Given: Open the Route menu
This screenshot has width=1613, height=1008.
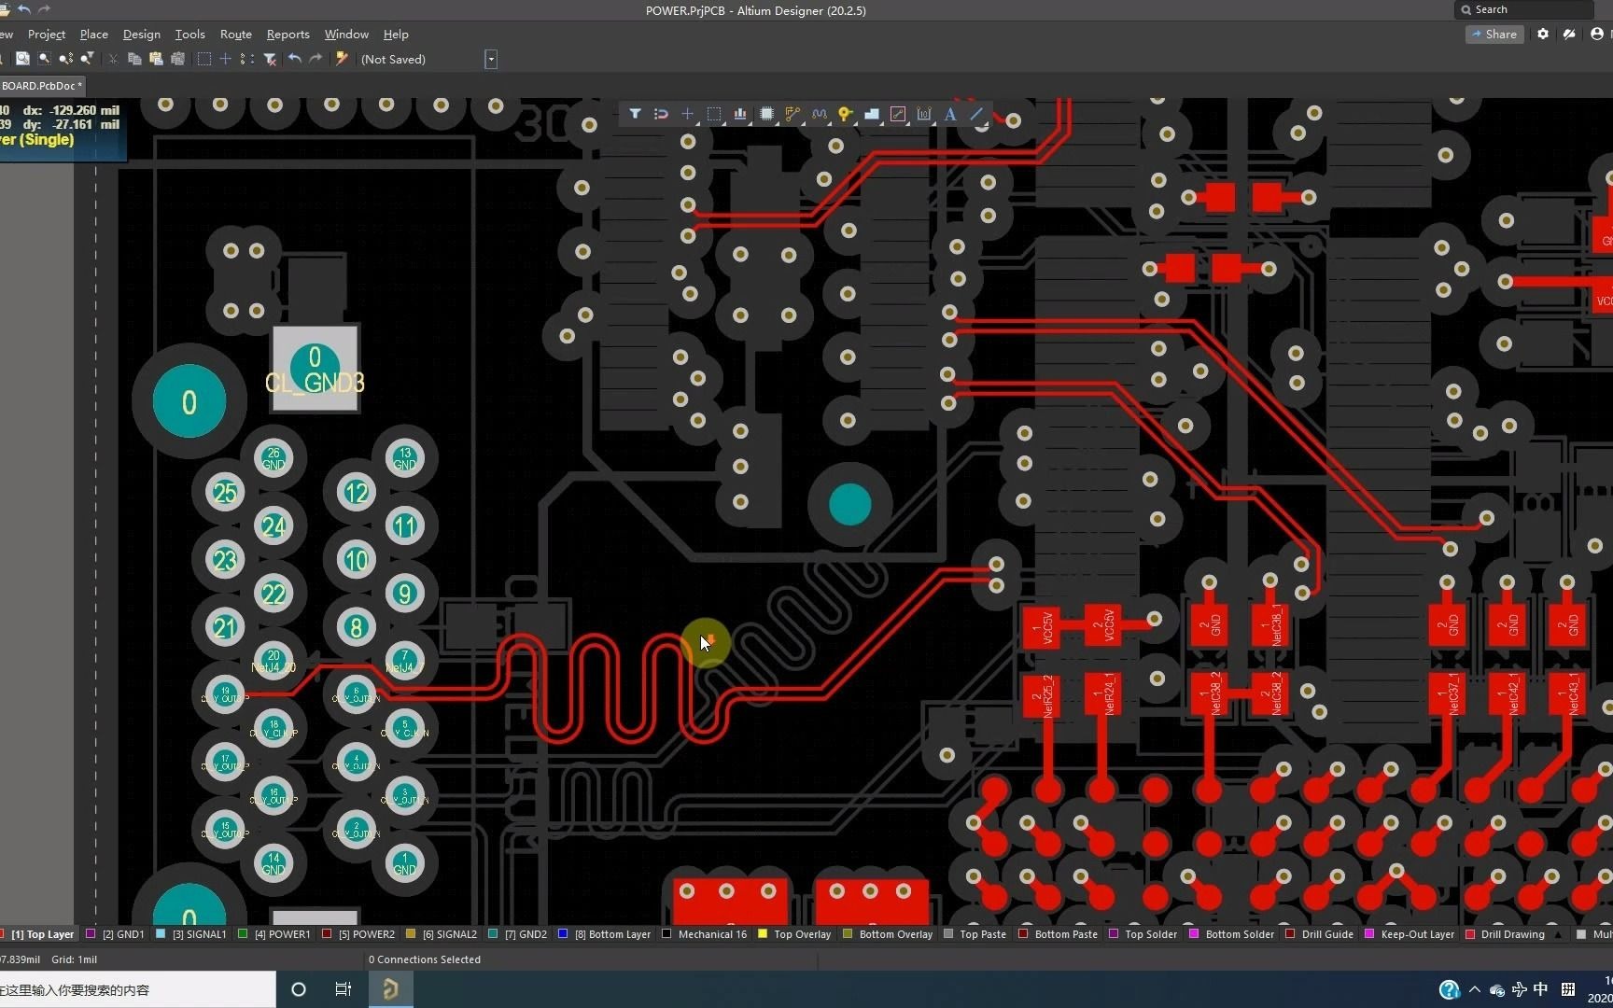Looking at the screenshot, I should click(x=235, y=35).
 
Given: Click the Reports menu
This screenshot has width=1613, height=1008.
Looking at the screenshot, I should click(x=288, y=35).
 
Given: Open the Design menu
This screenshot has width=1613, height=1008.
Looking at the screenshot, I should click(x=141, y=35).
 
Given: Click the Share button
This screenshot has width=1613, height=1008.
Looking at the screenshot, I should click(x=1494, y=35).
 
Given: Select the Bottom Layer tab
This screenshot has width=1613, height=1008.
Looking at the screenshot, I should click(x=619, y=934).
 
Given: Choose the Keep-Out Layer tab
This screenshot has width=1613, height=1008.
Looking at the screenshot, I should click(x=1417, y=934).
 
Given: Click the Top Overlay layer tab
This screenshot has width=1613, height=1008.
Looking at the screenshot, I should click(x=801, y=934).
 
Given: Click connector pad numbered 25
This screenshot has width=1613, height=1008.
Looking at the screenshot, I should click(x=225, y=493).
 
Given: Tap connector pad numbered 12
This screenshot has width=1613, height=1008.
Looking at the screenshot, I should click(x=357, y=493).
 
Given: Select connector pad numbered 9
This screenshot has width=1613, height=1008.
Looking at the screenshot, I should click(x=404, y=594).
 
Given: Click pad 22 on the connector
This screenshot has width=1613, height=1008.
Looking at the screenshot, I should click(x=274, y=594).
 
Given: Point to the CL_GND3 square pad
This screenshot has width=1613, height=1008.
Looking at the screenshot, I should click(x=315, y=369).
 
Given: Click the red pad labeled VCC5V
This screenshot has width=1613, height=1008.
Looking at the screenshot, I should click(x=1042, y=627).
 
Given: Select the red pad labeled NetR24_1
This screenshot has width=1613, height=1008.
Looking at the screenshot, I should click(x=1103, y=695).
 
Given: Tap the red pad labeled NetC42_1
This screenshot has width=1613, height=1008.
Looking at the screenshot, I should click(x=1508, y=695).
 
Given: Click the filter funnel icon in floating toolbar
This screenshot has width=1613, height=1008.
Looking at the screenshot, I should click(x=635, y=114).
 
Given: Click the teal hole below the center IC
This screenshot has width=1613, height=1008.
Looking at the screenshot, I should click(x=849, y=505).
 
